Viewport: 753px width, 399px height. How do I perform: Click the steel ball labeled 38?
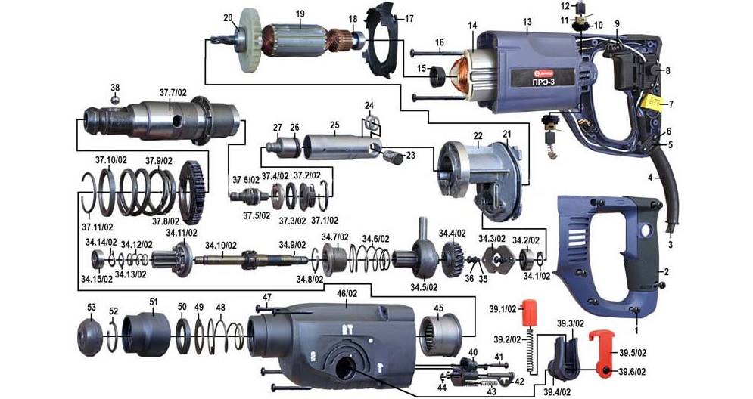(x=115, y=99)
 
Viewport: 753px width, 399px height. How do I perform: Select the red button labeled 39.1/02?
(x=530, y=311)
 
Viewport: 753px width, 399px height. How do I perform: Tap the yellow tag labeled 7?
(x=652, y=103)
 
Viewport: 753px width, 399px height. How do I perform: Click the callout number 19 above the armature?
(x=300, y=14)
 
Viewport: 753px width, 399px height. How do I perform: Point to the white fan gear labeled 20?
(x=250, y=39)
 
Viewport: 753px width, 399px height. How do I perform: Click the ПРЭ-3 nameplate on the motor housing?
(x=542, y=77)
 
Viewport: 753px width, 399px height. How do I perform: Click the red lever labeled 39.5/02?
(x=602, y=352)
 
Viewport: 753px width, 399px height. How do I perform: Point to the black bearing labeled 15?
(x=437, y=77)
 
